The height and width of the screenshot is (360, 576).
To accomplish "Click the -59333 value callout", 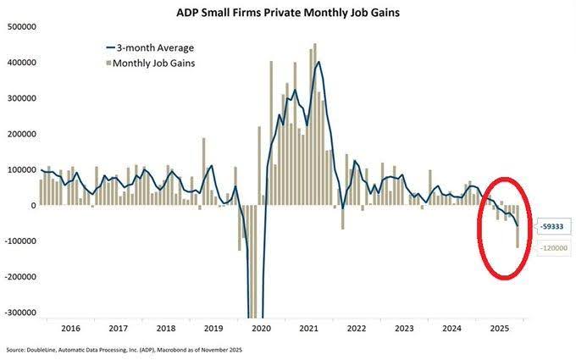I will pos(550,227).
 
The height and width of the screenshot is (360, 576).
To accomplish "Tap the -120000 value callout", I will pos(550,248).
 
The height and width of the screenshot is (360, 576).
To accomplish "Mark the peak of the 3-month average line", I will pos(318,62).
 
